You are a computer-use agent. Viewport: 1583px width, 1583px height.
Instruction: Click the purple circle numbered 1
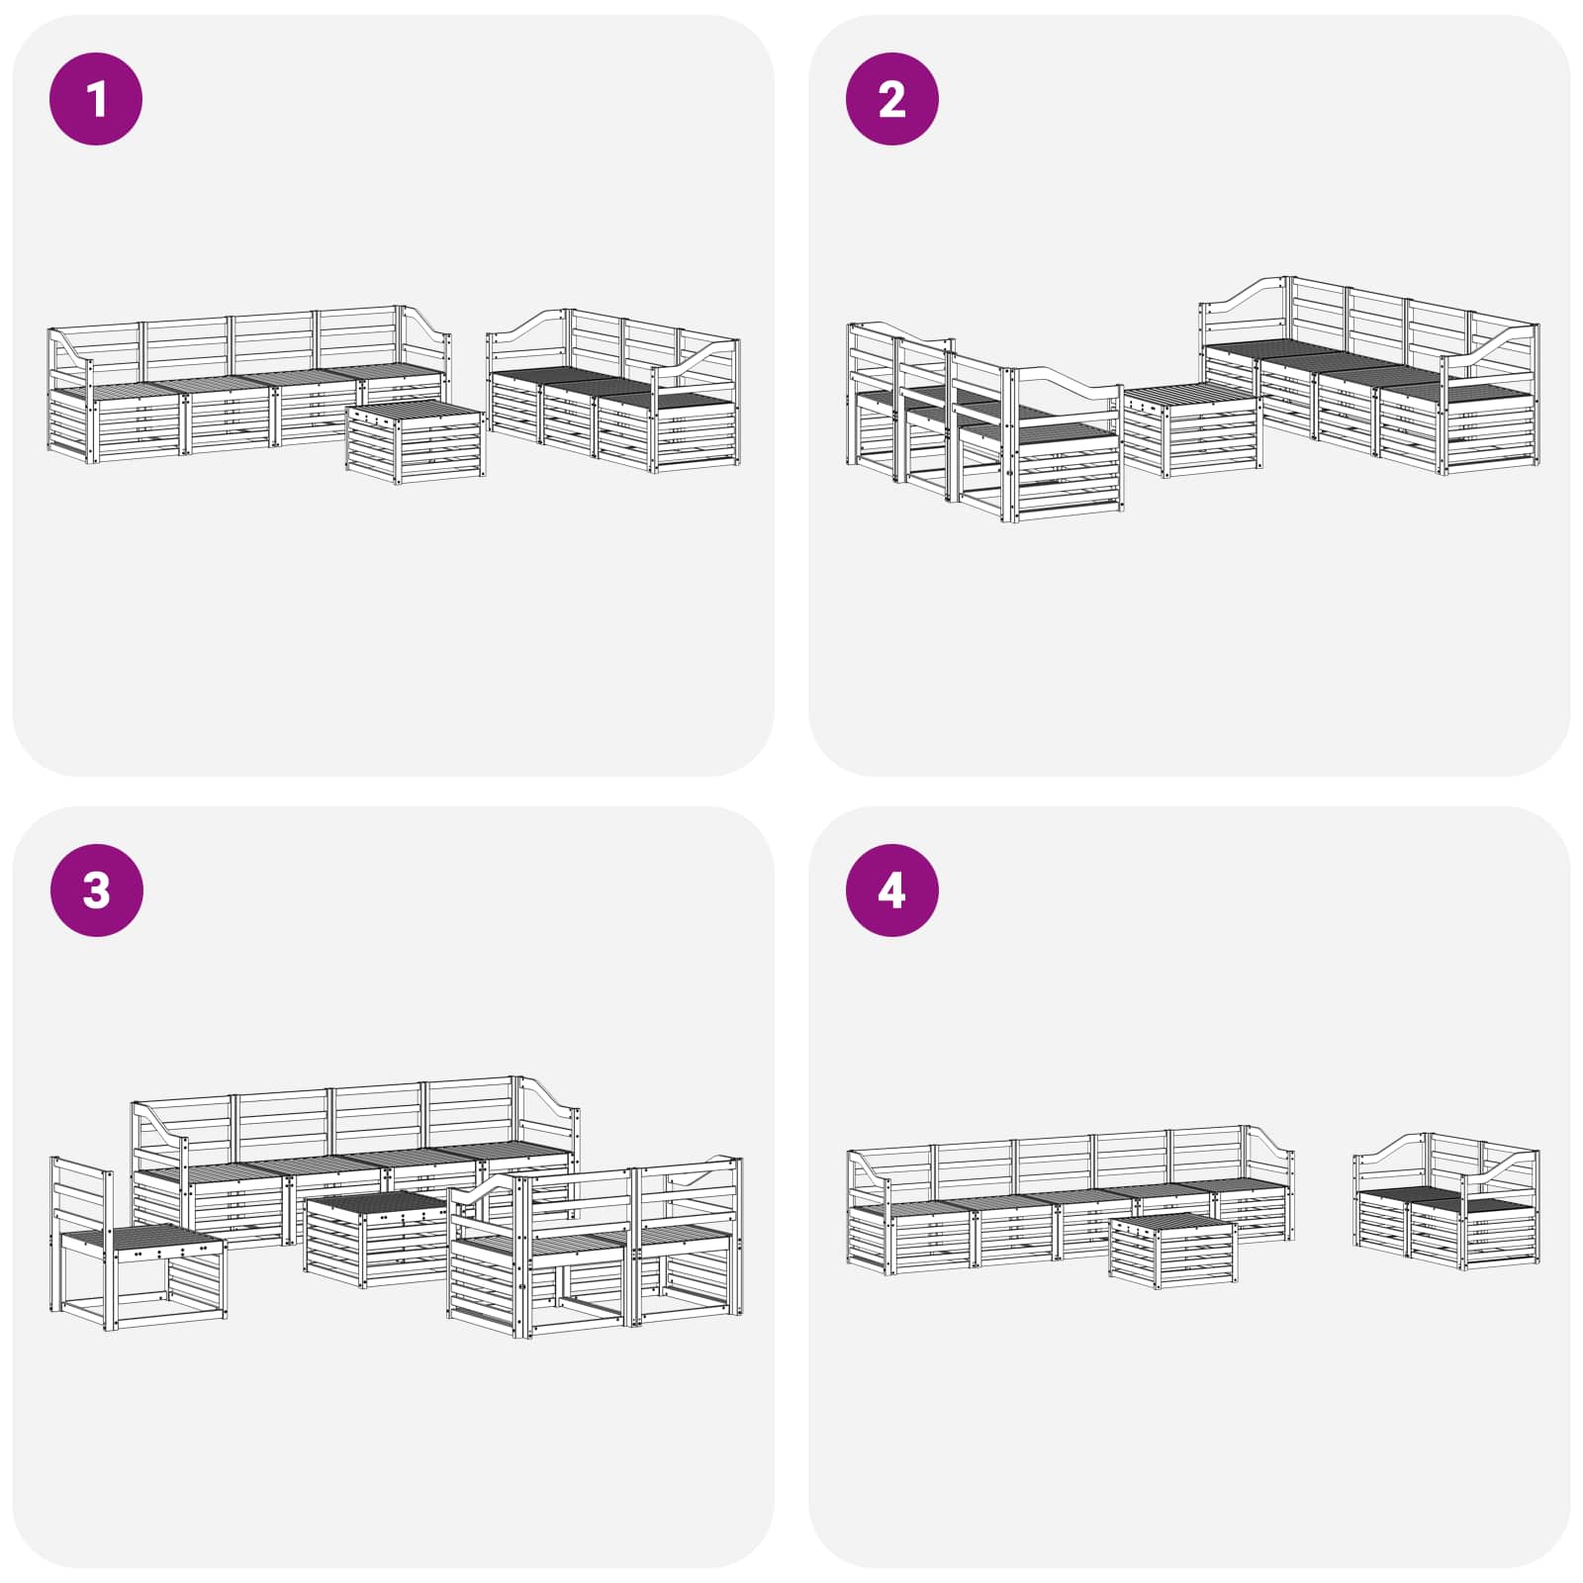click(x=96, y=99)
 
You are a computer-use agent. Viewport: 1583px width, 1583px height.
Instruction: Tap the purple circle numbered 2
click(x=891, y=99)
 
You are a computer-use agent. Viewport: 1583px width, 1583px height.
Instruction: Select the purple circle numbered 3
click(x=96, y=890)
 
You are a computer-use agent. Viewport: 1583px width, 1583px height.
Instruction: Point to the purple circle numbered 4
click(x=891, y=890)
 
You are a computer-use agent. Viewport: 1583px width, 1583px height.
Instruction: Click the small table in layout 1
click(x=416, y=442)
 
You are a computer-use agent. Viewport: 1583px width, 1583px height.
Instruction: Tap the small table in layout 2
click(x=1191, y=430)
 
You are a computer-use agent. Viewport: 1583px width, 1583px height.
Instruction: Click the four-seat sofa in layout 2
click(x=1370, y=376)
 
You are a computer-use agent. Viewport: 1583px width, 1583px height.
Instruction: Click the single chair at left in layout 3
click(x=138, y=1242)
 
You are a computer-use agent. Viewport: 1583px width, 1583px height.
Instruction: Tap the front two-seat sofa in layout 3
click(x=595, y=1247)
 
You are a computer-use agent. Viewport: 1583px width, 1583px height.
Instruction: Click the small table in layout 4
click(x=1172, y=1251)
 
